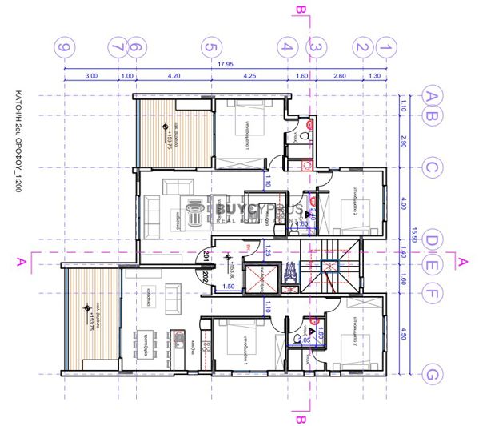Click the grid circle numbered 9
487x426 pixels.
tap(65, 47)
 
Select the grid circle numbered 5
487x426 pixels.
tap(210, 47)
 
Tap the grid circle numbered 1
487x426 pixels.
tap(387, 47)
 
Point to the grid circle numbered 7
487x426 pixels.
tap(119, 47)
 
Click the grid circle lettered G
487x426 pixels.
tap(433, 374)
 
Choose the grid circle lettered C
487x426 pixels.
tap(433, 168)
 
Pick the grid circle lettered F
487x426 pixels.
tap(433, 295)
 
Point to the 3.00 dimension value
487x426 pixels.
tap(91, 77)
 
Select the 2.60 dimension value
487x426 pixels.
tap(340, 77)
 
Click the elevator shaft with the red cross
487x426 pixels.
tap(261, 279)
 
